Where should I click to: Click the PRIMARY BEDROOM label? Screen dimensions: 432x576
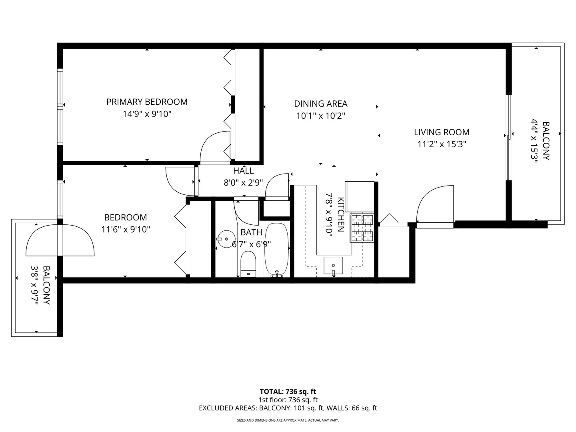point(147,102)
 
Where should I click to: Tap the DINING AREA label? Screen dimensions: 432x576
point(320,104)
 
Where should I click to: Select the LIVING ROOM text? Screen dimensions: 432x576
point(441,132)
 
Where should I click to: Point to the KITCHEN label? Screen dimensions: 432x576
point(340,214)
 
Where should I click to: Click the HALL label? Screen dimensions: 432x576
point(243,171)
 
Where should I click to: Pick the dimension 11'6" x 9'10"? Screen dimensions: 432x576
point(125,230)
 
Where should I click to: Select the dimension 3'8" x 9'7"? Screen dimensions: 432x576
point(35,286)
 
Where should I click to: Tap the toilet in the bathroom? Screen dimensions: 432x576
point(248,264)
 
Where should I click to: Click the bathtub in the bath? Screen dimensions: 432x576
point(276,250)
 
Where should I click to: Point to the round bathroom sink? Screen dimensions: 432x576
point(227,239)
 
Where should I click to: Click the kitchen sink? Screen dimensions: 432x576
point(333,266)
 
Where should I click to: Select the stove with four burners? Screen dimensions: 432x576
point(362,228)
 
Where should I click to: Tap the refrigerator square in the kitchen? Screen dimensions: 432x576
point(360,196)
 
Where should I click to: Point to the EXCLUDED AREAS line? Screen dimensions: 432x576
point(288,408)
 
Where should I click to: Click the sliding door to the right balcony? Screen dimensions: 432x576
point(509,137)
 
